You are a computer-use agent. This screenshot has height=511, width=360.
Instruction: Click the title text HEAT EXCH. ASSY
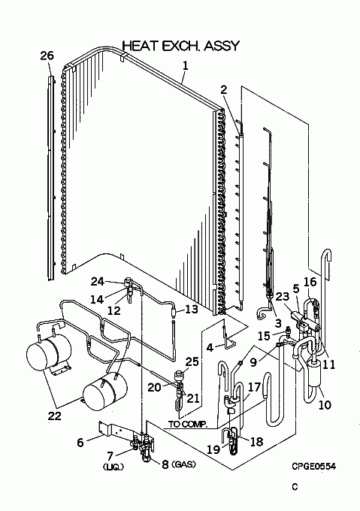(181, 46)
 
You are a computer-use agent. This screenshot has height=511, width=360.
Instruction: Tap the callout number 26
(47, 56)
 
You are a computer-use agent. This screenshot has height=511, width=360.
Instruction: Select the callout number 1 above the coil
(185, 66)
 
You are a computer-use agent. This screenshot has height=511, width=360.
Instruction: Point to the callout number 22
(54, 416)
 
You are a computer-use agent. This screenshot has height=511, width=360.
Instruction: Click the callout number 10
(325, 405)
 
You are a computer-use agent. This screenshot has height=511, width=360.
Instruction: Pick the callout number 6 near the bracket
(80, 442)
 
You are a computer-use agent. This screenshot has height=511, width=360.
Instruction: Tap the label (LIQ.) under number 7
(113, 467)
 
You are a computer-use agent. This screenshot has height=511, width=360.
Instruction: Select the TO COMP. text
(188, 424)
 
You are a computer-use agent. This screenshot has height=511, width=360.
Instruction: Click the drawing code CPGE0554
(313, 467)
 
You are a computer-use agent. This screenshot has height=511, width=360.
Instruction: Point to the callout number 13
(192, 309)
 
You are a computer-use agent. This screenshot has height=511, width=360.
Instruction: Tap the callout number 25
(192, 361)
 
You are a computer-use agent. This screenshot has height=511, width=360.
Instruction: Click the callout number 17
(254, 387)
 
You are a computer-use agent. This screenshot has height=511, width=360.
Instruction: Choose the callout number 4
(210, 348)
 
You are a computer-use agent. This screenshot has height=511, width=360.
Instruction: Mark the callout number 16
(310, 282)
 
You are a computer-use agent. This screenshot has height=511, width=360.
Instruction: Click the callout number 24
(98, 281)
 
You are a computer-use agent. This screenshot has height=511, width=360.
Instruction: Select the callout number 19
(213, 449)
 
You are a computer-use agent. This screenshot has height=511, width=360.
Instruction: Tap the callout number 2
(223, 89)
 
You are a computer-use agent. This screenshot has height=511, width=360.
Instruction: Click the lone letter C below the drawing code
(295, 487)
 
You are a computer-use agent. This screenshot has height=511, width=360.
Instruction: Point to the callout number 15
(264, 335)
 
